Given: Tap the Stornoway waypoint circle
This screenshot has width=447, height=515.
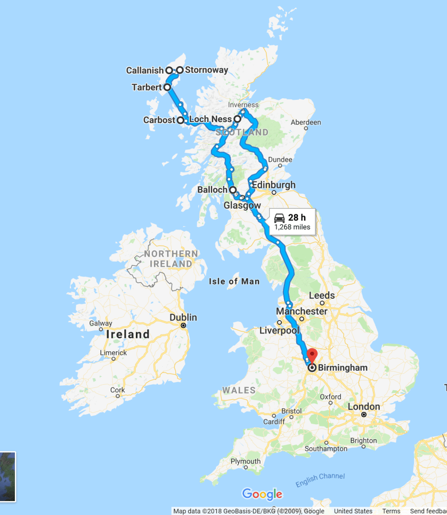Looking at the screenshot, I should (x=180, y=70).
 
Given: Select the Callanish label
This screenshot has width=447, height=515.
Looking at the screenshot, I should (x=145, y=70).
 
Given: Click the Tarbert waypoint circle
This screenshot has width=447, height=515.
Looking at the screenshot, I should (x=167, y=86).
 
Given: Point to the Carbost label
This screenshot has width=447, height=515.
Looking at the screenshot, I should (x=159, y=120).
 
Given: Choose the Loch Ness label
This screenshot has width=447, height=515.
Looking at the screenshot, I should (x=210, y=119).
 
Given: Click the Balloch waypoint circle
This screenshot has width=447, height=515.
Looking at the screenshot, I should (x=233, y=189).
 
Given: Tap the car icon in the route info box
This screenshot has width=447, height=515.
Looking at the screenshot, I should (x=279, y=217).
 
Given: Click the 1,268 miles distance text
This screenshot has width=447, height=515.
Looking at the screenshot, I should (x=292, y=227).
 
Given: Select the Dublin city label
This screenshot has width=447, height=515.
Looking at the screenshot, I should (x=183, y=318).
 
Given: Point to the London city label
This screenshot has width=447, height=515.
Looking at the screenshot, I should (x=364, y=407).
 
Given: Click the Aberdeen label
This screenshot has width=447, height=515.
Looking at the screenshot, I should (x=306, y=122).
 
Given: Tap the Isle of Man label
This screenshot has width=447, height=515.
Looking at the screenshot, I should (x=234, y=281).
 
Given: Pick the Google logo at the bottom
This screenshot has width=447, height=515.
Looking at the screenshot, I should (x=262, y=494).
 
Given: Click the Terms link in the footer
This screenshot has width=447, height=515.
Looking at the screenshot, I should (x=391, y=511).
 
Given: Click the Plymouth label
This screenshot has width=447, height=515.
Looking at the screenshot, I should (x=246, y=461).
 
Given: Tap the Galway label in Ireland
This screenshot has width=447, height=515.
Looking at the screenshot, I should (x=101, y=323).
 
